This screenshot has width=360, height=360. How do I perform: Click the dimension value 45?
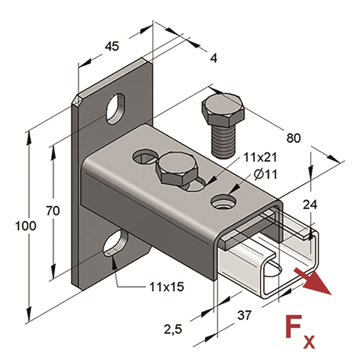click(x=112, y=46)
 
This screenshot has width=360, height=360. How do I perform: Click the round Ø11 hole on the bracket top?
click(x=222, y=202)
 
